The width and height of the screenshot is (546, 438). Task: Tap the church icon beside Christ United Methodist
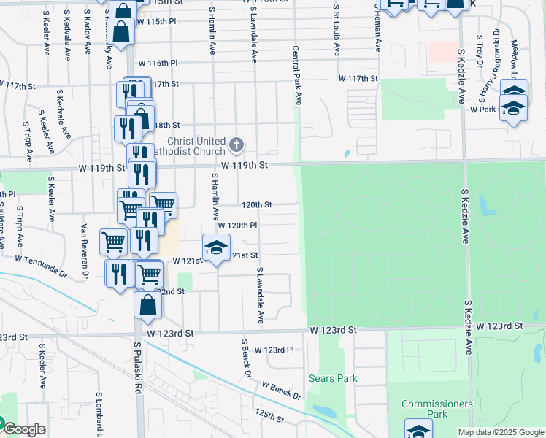(236, 145)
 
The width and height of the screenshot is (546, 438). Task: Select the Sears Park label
(333, 378)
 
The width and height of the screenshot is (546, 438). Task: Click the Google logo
(23, 429)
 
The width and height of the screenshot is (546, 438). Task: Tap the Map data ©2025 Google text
(500, 432)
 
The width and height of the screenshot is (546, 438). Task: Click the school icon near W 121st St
(216, 249)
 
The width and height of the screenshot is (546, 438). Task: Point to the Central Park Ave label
(297, 76)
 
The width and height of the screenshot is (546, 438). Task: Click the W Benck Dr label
(282, 390)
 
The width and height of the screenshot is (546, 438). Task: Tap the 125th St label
(270, 417)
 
